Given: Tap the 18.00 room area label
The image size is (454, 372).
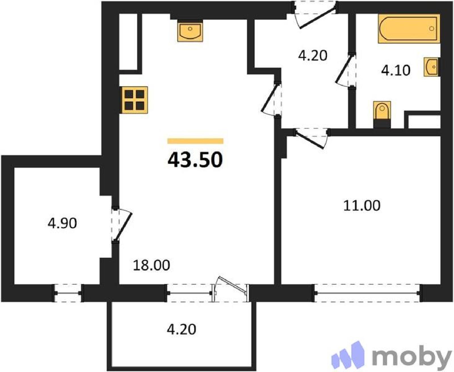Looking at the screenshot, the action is coord(151,265).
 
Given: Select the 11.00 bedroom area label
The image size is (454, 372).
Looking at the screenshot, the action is coord(362,205).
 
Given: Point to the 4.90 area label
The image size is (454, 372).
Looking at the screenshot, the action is coord(62,223).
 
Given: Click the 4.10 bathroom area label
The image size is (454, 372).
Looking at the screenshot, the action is coord(396,70).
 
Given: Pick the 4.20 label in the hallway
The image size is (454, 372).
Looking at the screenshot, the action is coord(313,55).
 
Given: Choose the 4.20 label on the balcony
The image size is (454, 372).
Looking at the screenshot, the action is coord(182,329).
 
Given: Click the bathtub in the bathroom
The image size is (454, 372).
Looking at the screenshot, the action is coord(409,28).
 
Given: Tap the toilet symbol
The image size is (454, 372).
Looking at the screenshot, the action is coord(382,115).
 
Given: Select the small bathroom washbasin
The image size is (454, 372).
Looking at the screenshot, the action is coord(431,67).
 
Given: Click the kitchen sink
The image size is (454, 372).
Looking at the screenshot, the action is coord(190,32).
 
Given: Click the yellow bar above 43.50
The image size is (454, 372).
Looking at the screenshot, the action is coord(195,141).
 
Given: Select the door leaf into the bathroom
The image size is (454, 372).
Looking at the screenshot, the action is coord(345,69).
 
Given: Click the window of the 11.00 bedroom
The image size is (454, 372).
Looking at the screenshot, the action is coord(367,293).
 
